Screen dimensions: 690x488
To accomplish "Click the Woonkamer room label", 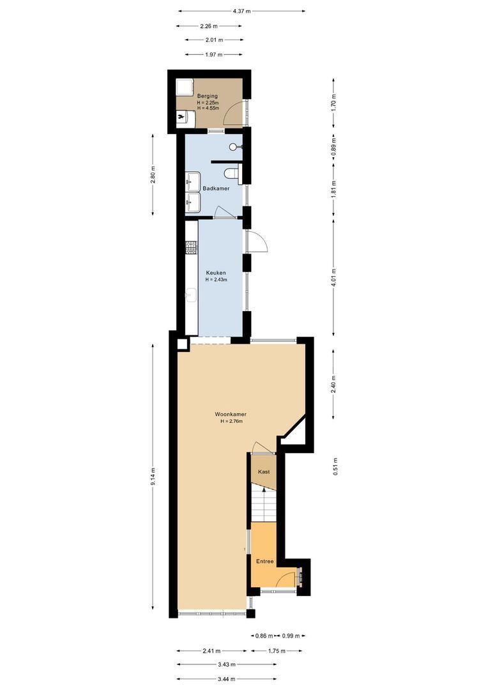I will [231, 414].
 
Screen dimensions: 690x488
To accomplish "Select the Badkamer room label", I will [216, 188].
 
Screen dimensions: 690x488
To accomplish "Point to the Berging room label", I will [207, 96].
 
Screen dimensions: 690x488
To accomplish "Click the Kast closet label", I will [263, 471].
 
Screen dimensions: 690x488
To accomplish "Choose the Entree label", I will [265, 562].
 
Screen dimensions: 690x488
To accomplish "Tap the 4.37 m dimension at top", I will [241, 11].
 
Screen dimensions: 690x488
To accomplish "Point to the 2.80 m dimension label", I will [153, 174].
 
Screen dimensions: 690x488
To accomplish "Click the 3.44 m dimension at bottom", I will [227, 678].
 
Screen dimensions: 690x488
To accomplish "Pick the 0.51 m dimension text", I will [333, 468].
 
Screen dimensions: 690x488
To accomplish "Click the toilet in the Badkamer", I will [232, 172].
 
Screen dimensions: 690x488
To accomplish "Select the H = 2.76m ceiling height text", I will [231, 421].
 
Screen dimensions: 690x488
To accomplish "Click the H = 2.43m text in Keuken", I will [216, 279].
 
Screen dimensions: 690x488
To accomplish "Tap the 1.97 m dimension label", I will [214, 55].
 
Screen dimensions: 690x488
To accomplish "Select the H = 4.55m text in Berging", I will [208, 109].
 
